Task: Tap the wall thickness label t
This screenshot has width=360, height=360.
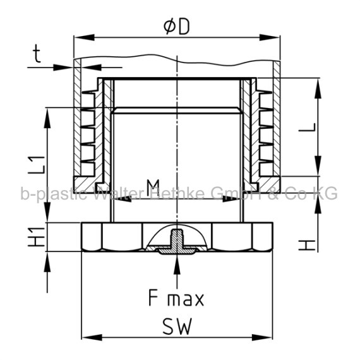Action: [37, 54]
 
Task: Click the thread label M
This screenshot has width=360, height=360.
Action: [153, 185]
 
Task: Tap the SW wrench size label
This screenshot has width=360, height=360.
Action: [177, 327]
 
